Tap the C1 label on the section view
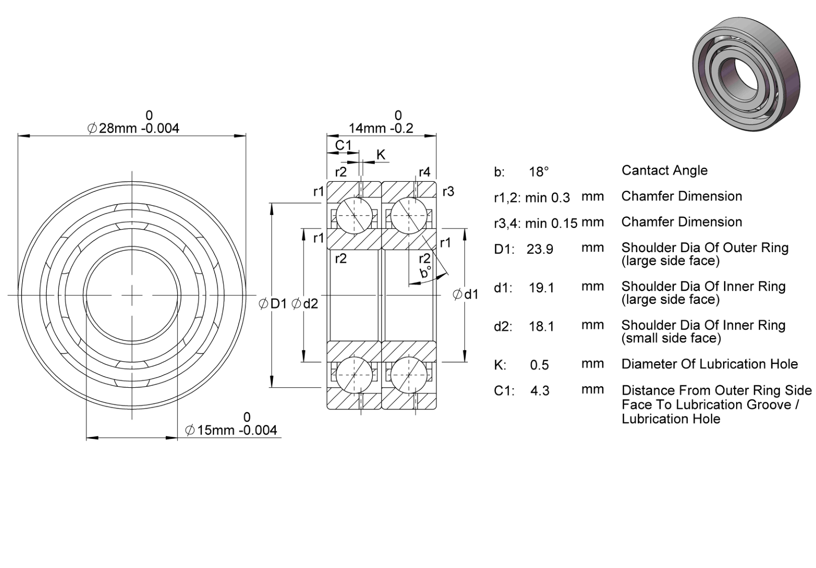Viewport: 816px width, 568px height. (343, 145)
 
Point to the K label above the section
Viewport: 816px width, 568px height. (381, 155)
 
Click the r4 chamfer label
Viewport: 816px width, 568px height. (425, 172)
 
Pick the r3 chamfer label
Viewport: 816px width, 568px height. (448, 191)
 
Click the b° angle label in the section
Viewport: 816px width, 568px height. (425, 272)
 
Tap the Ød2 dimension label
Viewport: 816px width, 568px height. (305, 303)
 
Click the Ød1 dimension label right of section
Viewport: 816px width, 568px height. (466, 294)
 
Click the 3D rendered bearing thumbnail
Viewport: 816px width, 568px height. (747, 74)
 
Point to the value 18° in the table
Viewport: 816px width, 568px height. (539, 171)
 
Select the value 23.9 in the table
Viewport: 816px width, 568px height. (540, 249)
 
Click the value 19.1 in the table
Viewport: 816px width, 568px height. (541, 288)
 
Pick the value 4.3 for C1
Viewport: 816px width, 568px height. (540, 391)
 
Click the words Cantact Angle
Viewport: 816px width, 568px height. (664, 170)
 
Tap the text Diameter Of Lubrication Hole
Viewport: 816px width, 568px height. (709, 364)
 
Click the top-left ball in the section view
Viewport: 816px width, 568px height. (354, 215)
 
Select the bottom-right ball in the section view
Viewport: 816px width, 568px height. (409, 375)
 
